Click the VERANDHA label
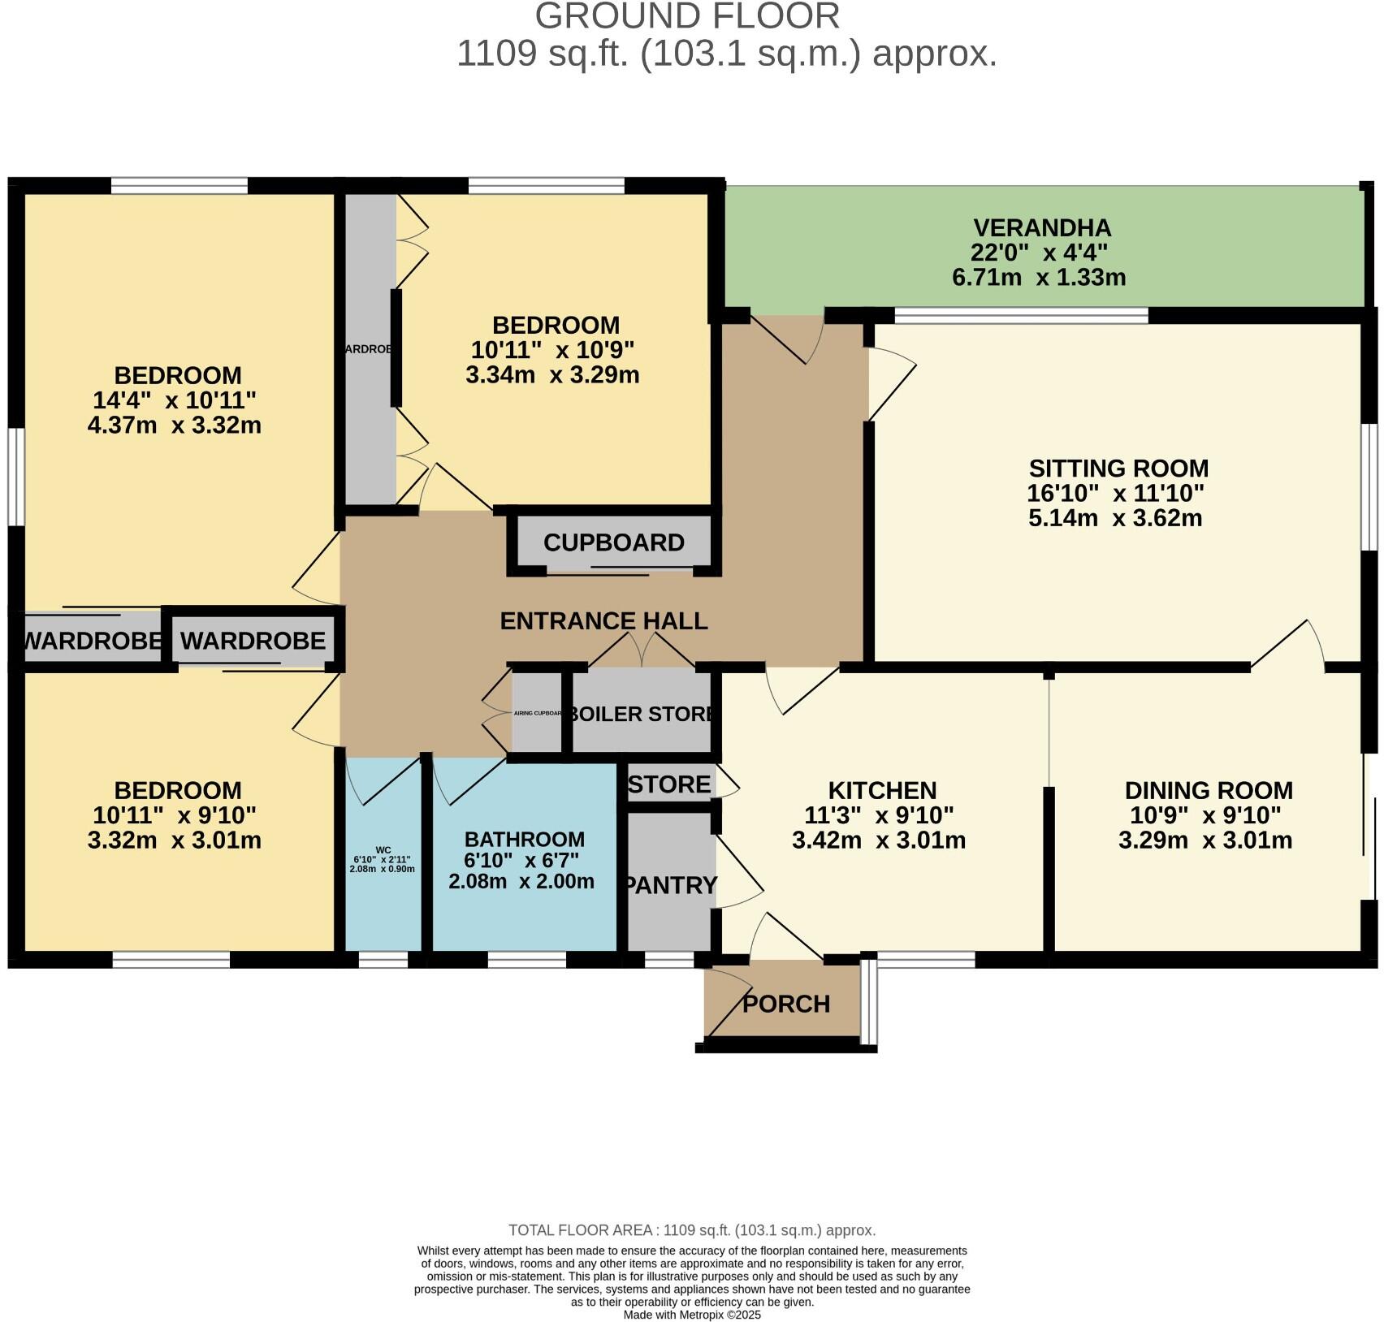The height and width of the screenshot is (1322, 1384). coord(1042,227)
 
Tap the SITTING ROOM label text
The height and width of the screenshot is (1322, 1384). coord(1118,469)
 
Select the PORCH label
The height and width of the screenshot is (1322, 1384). coord(786,1004)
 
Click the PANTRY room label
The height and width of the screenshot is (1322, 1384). coord(671,885)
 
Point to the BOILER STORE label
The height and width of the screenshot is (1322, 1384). coord(642,714)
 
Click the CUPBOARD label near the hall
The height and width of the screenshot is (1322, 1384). coord(614,542)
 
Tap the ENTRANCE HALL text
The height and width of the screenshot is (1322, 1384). coord(603,621)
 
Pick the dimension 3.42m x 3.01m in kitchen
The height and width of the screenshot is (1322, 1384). coord(879,840)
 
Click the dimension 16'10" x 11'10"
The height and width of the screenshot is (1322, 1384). coord(1115,494)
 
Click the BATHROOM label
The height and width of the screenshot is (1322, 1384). coord(524,839)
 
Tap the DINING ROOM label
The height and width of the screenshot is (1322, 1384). coord(1209,790)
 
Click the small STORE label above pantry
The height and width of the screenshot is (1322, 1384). coord(670,784)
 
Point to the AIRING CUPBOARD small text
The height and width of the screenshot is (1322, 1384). coord(538,713)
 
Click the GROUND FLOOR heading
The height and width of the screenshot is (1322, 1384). coord(687,16)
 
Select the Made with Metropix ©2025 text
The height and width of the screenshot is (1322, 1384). coord(692,1315)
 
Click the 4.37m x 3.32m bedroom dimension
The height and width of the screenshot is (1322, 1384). coord(175,426)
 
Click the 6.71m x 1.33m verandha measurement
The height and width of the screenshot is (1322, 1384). coord(1039,278)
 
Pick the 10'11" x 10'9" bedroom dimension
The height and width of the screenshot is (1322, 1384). coord(553,350)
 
